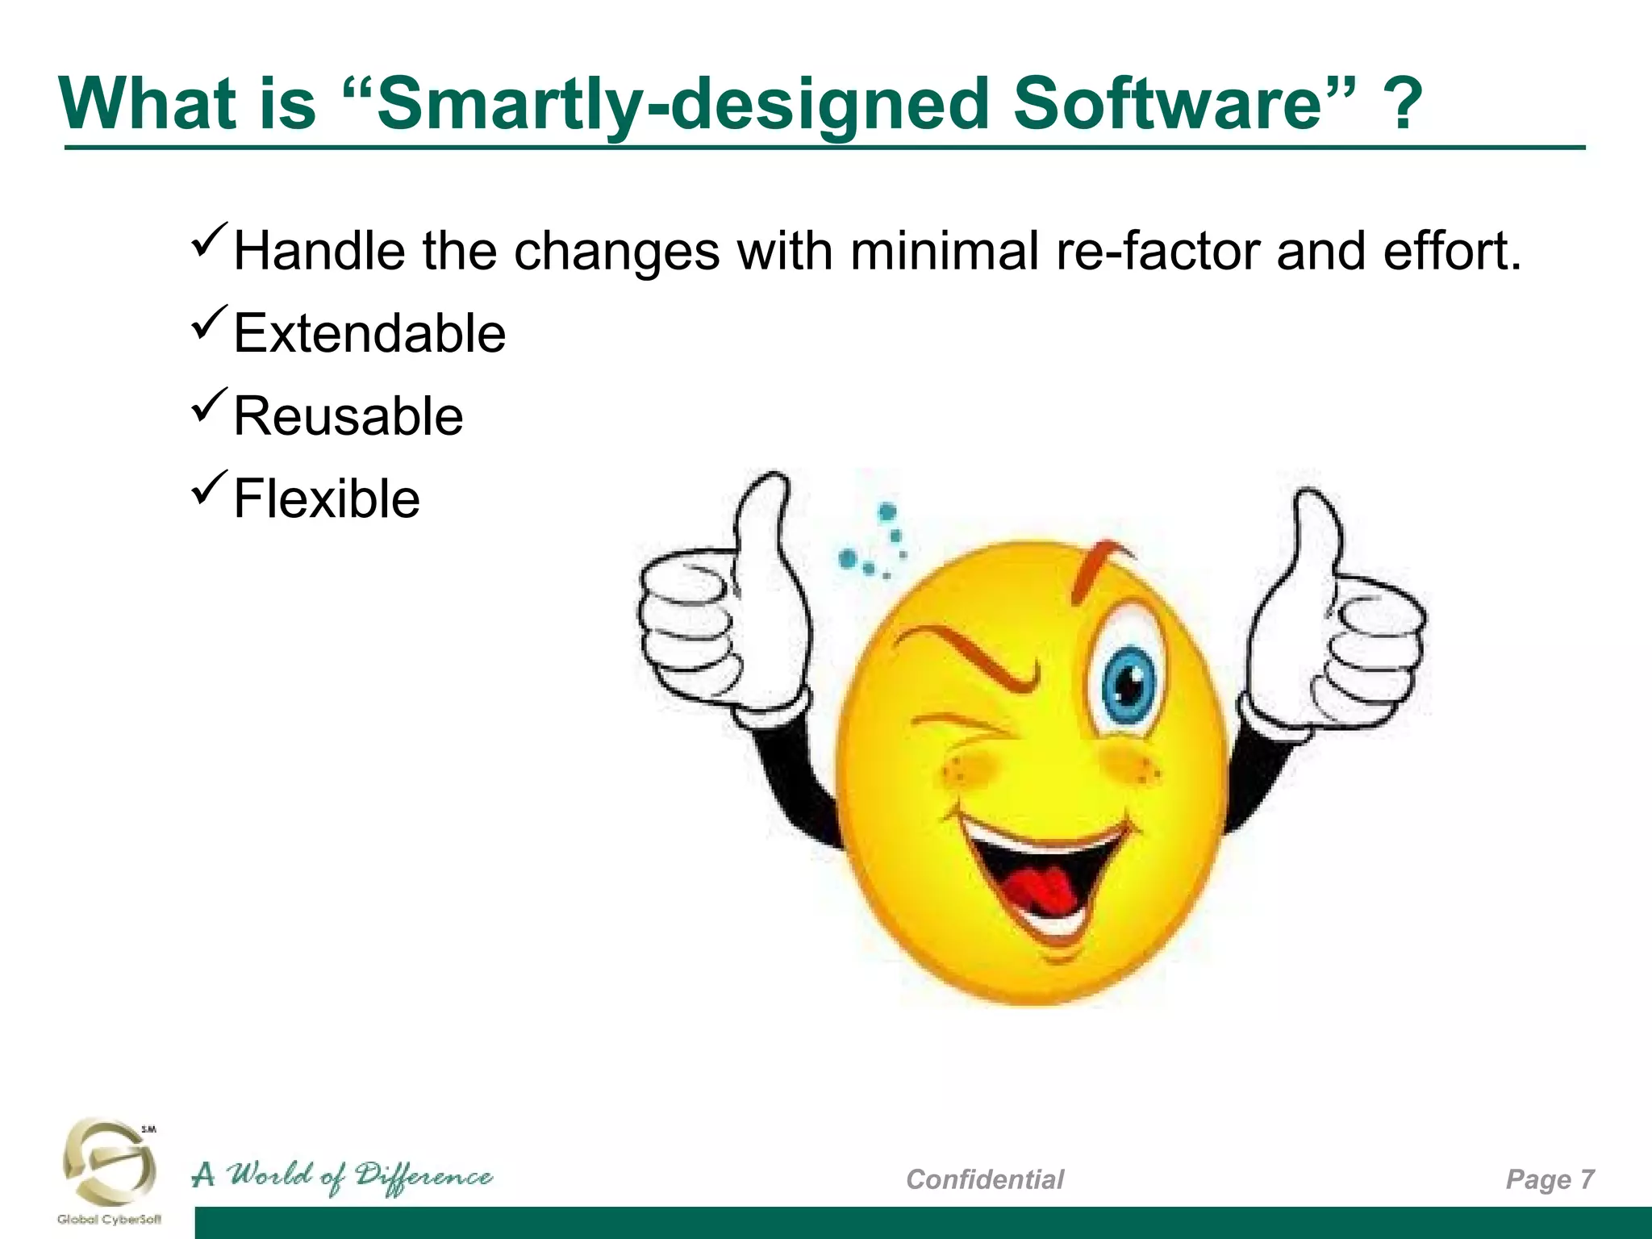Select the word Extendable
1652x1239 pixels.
pyautogui.click(x=369, y=333)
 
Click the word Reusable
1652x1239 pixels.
pyautogui.click(x=348, y=416)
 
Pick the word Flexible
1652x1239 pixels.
pyautogui.click(x=326, y=499)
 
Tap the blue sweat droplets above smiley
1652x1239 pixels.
pyautogui.click(x=875, y=544)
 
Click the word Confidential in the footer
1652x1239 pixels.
pyautogui.click(x=984, y=1179)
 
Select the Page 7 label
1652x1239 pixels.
pyautogui.click(x=1550, y=1179)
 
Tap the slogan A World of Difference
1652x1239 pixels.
pyautogui.click(x=342, y=1177)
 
